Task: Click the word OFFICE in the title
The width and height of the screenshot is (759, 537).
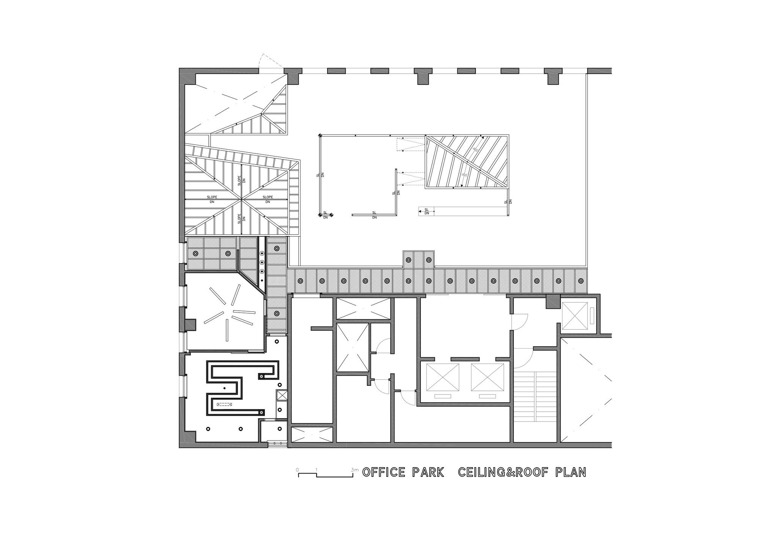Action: pyautogui.click(x=384, y=472)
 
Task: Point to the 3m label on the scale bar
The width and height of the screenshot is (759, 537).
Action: pyautogui.click(x=355, y=470)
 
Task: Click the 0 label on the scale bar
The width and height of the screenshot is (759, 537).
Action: pyautogui.click(x=298, y=470)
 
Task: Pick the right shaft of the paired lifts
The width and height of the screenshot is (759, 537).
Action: pyautogui.click(x=488, y=377)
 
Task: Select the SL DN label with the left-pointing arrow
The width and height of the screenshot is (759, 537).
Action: pyautogui.click(x=426, y=211)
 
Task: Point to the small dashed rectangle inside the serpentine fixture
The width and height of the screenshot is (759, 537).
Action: pyautogui.click(x=224, y=404)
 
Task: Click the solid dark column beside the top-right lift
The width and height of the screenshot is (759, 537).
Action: pyautogui.click(x=553, y=302)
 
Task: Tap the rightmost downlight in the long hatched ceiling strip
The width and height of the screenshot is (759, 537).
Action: pyautogui.click(x=581, y=281)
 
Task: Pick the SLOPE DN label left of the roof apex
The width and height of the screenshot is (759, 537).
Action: pyautogui.click(x=212, y=199)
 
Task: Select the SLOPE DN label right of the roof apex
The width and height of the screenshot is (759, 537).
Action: pyautogui.click(x=268, y=199)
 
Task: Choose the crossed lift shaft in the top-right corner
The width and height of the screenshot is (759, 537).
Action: pyautogui.click(x=574, y=316)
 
